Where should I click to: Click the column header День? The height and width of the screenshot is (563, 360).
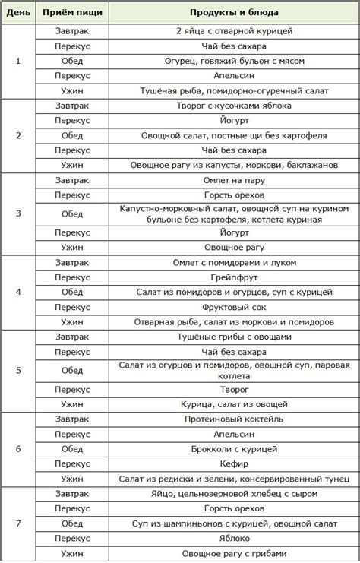click(x=18, y=13)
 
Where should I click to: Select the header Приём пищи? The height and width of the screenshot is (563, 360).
click(x=72, y=13)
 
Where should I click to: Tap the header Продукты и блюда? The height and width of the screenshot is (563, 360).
click(x=234, y=13)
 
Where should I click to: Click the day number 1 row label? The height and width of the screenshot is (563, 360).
click(x=18, y=61)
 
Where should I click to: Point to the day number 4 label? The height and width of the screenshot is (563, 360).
click(x=18, y=292)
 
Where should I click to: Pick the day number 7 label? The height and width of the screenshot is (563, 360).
click(x=18, y=523)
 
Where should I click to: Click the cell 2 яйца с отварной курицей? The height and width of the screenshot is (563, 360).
click(x=234, y=31)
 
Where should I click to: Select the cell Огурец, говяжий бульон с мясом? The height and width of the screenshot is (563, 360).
click(x=234, y=61)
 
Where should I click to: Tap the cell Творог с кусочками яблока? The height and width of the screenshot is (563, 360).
click(x=234, y=106)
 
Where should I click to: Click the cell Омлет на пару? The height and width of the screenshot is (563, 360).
click(x=234, y=181)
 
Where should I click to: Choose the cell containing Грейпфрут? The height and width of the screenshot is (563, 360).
click(x=234, y=277)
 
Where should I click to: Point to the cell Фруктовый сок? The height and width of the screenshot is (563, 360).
click(x=234, y=307)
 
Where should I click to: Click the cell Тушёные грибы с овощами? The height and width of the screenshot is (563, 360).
click(x=234, y=337)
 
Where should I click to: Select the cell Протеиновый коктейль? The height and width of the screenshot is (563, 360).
click(x=234, y=419)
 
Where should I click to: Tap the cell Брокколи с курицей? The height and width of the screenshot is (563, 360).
click(x=234, y=449)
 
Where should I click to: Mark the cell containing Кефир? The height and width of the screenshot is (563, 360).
click(x=234, y=463)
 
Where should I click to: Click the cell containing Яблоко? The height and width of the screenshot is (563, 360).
click(x=234, y=538)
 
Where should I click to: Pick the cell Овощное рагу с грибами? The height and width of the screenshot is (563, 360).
click(x=234, y=553)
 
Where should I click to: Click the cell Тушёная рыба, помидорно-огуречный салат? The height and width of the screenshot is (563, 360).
click(x=234, y=90)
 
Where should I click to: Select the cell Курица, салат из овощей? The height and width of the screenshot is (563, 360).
click(x=234, y=404)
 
